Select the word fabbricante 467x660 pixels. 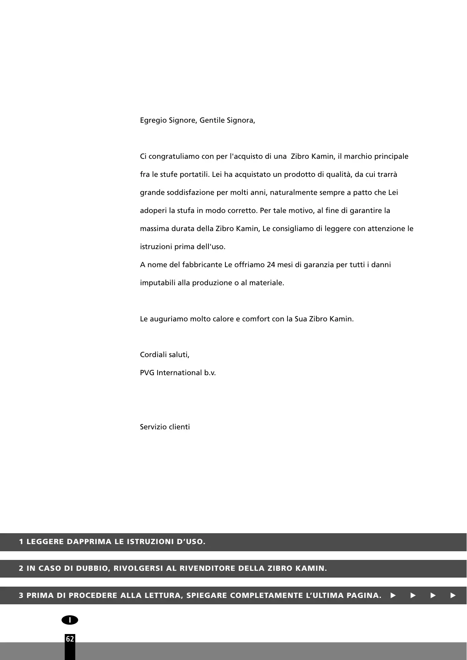[x=202, y=265]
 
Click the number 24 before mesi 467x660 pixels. [x=271, y=265]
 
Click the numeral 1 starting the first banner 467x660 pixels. [x=21, y=542]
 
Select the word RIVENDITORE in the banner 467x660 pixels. [x=207, y=569]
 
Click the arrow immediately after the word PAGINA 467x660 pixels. [x=393, y=596]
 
